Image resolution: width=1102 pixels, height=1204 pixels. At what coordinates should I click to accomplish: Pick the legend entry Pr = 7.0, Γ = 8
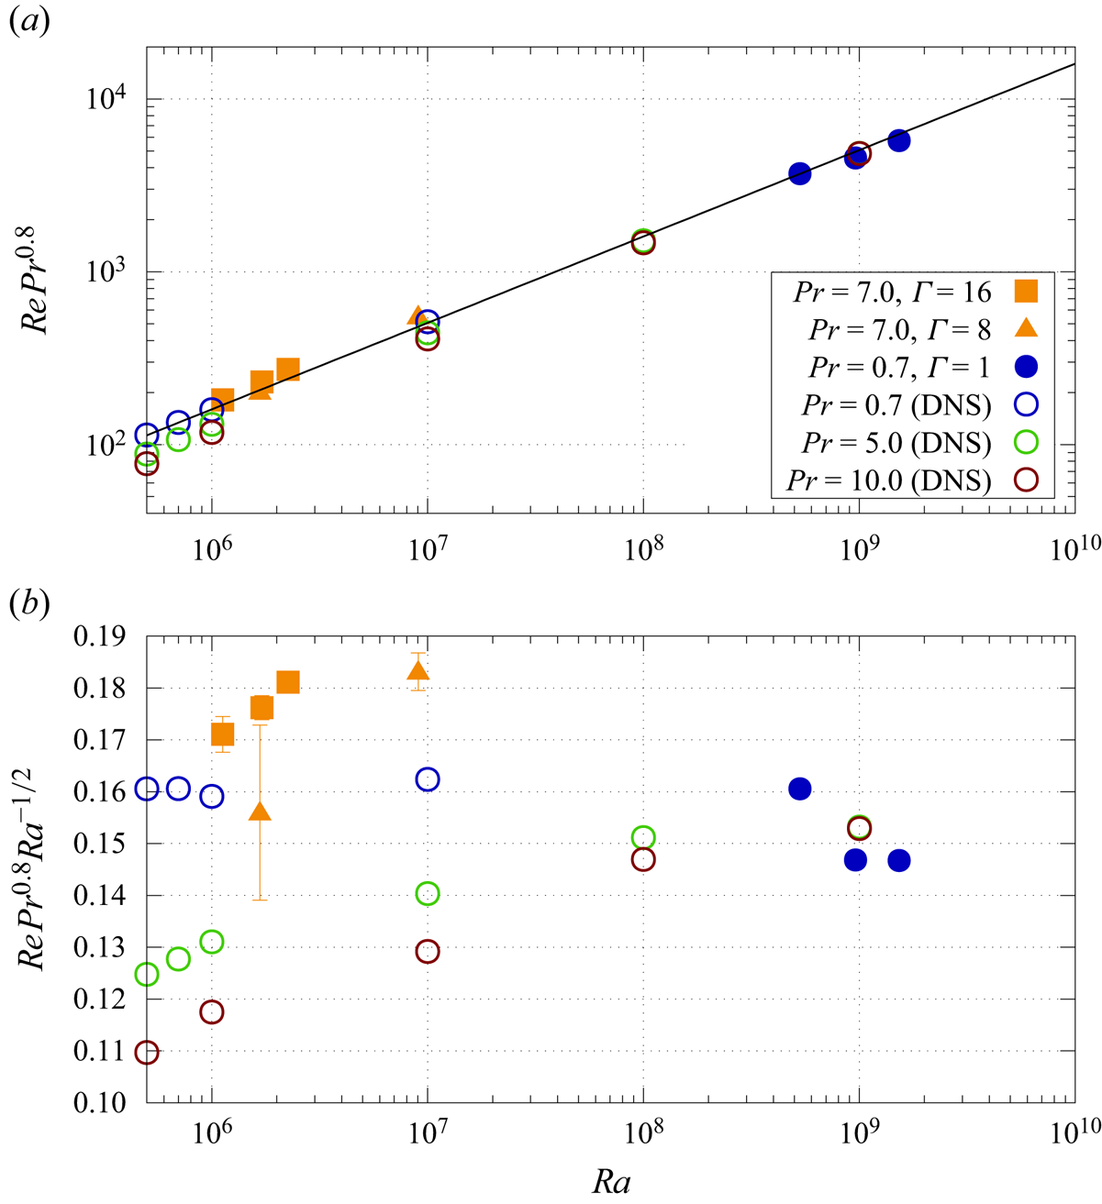[x=899, y=329]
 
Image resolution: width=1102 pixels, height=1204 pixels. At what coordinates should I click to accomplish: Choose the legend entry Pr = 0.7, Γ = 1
[x=899, y=367]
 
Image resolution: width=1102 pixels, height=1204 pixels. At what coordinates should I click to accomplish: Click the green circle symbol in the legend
[x=1026, y=442]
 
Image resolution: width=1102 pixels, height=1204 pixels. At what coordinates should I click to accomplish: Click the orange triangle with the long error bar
[x=260, y=811]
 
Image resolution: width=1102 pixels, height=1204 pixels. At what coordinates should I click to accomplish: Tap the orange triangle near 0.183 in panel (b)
[x=418, y=670]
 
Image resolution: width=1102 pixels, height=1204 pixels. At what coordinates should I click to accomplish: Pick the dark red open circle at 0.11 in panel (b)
[x=147, y=1052]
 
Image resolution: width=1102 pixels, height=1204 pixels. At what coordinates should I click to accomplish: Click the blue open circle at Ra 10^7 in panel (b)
[x=428, y=779]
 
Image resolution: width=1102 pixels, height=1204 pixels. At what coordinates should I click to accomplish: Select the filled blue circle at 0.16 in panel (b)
[x=800, y=789]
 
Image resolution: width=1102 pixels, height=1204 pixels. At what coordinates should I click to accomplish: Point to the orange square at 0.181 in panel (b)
[x=287, y=681]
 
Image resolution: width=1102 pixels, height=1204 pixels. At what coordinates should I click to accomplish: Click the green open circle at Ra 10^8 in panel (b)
[x=643, y=837]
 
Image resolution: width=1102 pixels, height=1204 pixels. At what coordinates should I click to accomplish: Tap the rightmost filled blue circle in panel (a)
[x=899, y=140]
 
